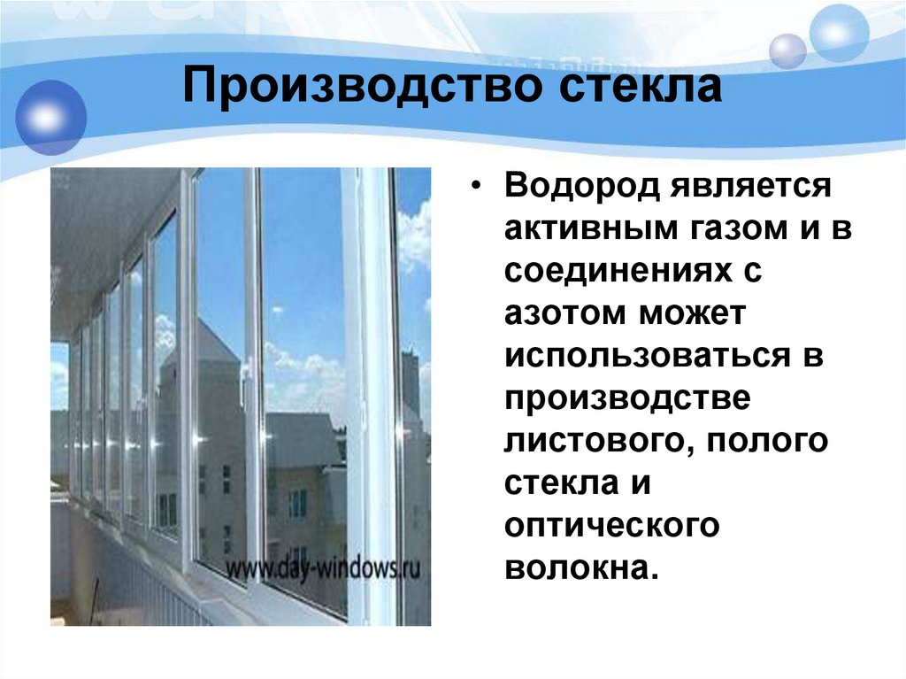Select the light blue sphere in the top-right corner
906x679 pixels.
[840, 33]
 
